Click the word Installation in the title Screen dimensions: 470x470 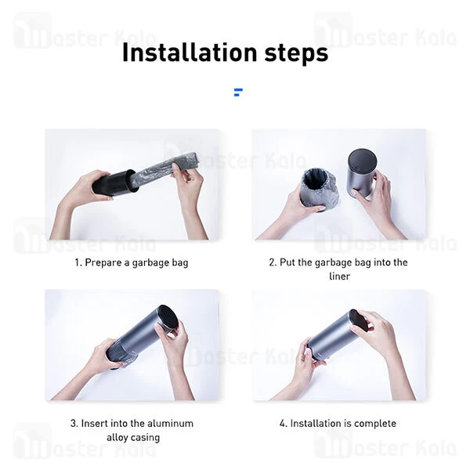(190, 52)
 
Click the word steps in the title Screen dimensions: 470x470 (296, 53)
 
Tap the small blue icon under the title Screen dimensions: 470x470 (238, 92)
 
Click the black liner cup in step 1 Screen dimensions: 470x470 (115, 183)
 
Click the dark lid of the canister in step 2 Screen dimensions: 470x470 (362, 158)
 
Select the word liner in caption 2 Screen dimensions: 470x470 (339, 276)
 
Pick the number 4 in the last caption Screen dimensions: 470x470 (282, 423)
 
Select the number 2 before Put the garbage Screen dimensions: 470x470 (272, 262)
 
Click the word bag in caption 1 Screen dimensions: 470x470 (180, 263)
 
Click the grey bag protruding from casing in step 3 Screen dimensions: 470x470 (116, 354)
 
